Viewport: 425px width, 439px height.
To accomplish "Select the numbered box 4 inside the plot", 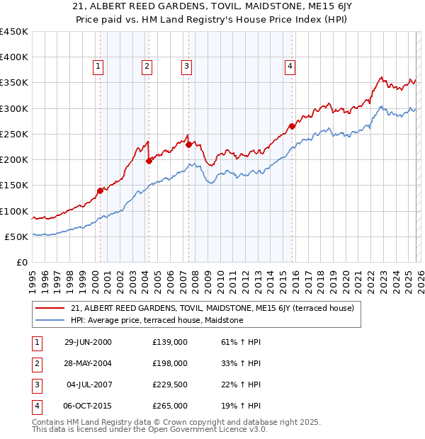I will pyautogui.click(x=290, y=67).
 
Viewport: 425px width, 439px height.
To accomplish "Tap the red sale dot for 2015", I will pyautogui.click(x=292, y=127).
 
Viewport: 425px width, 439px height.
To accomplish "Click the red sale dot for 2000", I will pyautogui.click(x=101, y=190).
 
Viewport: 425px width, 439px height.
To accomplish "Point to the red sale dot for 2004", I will pyautogui.click(x=149, y=161).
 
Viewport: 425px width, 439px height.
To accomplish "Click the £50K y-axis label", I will pyautogui.click(x=17, y=236).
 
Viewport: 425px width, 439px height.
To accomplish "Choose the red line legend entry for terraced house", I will pyautogui.click(x=217, y=308).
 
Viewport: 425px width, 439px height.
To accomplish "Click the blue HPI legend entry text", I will pyautogui.click(x=157, y=320).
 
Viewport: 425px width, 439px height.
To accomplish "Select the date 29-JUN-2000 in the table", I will pyautogui.click(x=88, y=342).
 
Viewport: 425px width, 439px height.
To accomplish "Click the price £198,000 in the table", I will pyautogui.click(x=170, y=363).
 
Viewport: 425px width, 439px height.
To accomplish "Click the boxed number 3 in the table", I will pyautogui.click(x=36, y=384).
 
